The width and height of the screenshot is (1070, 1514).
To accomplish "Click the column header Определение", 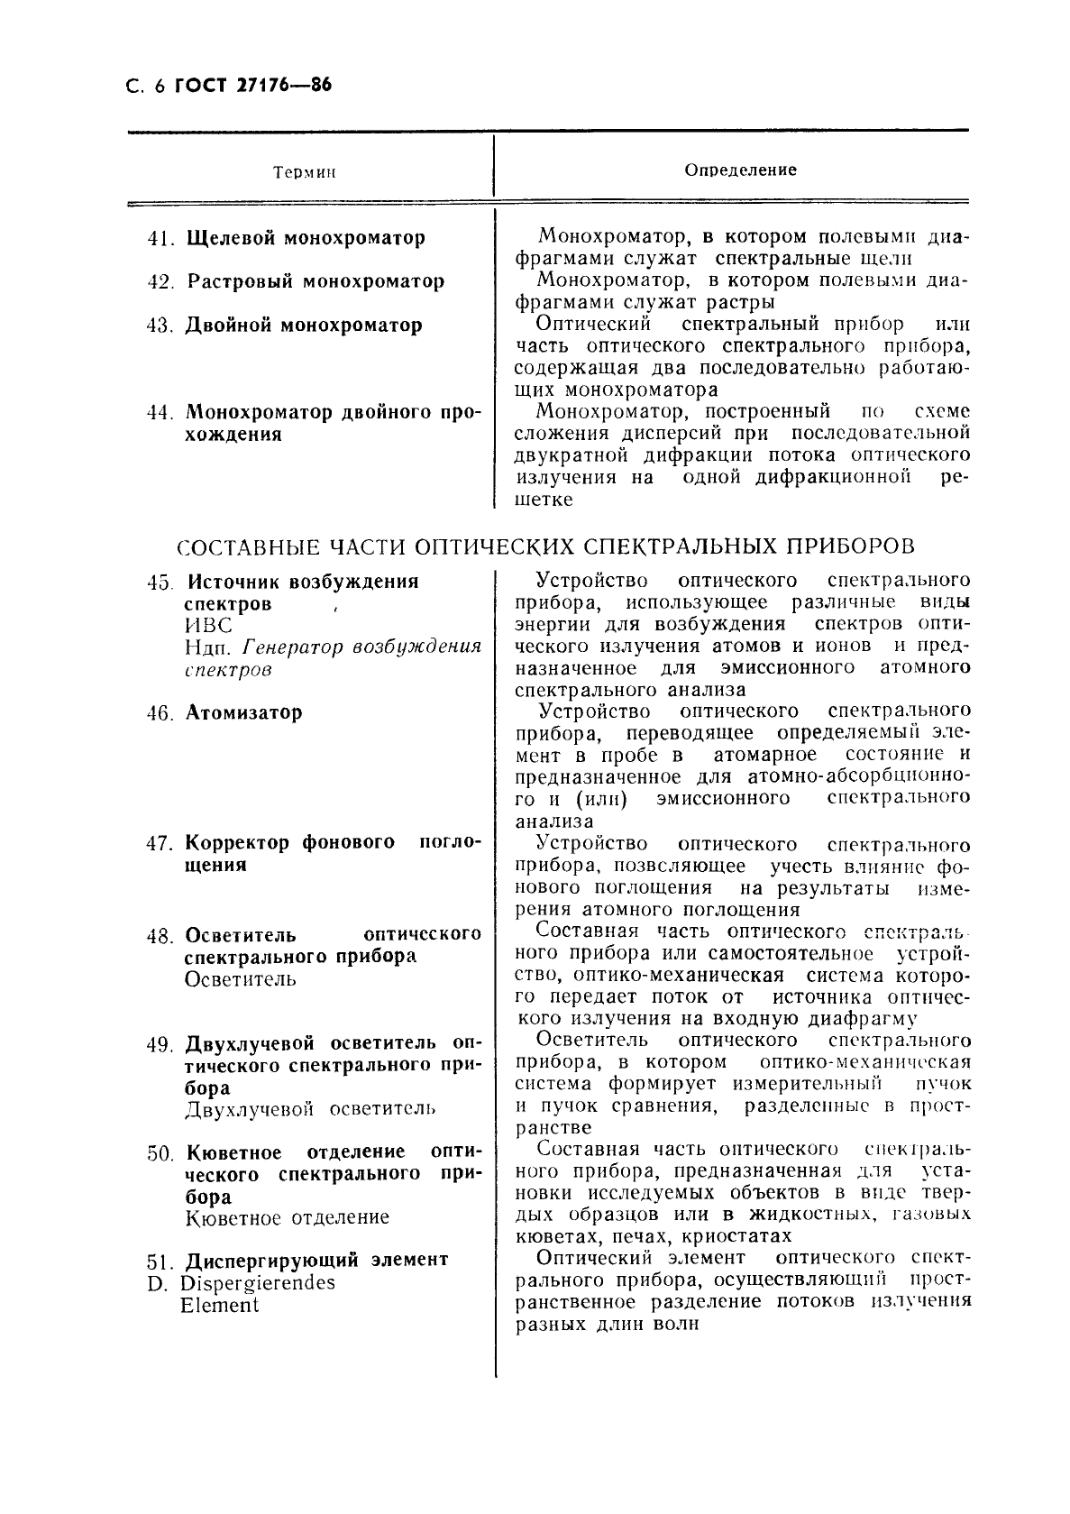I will pos(740,170).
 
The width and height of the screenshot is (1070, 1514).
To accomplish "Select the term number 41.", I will pos(160,239).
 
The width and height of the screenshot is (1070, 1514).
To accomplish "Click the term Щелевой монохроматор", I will pos(306,239).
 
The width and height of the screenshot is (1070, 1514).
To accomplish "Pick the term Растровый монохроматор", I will pos(316,281).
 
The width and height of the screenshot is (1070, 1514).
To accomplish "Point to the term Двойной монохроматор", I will pos(304,325).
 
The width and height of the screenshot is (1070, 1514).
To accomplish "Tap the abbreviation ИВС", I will pos(208,626).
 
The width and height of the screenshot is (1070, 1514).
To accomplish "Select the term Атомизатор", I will pos(244,712).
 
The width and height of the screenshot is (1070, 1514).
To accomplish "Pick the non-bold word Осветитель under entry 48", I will pos(240,979).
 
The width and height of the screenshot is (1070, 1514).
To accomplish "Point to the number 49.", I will pos(160,1044).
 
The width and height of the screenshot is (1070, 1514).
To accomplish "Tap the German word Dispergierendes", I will pos(258,1282).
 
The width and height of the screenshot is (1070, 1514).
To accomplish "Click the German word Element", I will pos(219,1305).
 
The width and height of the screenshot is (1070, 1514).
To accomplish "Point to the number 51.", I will pos(160,1260).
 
